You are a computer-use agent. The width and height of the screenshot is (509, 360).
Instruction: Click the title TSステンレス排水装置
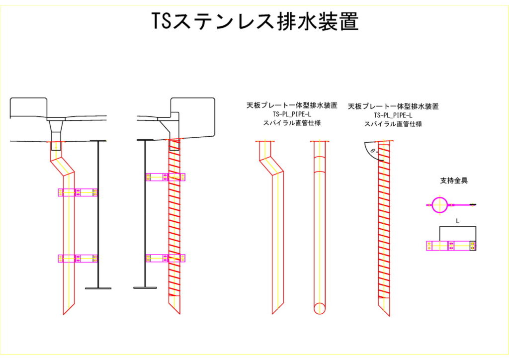[x=254, y=21]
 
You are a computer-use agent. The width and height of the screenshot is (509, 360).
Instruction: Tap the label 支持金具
[x=454, y=181]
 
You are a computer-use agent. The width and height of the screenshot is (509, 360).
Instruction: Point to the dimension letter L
[x=457, y=220]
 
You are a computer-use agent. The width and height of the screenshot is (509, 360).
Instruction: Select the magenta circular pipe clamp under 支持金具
[x=439, y=204]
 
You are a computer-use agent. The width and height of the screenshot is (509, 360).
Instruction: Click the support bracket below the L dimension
[x=451, y=246]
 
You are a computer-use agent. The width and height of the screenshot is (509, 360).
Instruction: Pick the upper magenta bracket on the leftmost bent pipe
[x=78, y=192]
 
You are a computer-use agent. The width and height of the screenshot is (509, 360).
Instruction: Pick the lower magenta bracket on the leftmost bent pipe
[x=78, y=259]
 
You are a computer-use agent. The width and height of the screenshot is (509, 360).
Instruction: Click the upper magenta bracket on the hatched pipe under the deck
[x=165, y=177]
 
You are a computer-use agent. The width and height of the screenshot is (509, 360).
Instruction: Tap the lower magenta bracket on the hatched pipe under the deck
[x=165, y=258]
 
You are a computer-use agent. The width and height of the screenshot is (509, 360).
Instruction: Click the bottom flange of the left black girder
[x=98, y=288]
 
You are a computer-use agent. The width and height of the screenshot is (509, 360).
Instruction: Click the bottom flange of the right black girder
[x=145, y=287]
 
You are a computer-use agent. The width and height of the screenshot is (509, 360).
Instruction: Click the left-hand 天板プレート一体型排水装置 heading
[x=292, y=105]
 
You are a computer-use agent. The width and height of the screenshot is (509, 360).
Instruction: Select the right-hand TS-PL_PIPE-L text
[x=393, y=115]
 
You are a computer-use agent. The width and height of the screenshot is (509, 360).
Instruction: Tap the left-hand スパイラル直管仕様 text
[x=292, y=123]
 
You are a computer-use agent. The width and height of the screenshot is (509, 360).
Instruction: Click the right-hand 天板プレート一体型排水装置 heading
[x=393, y=106]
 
